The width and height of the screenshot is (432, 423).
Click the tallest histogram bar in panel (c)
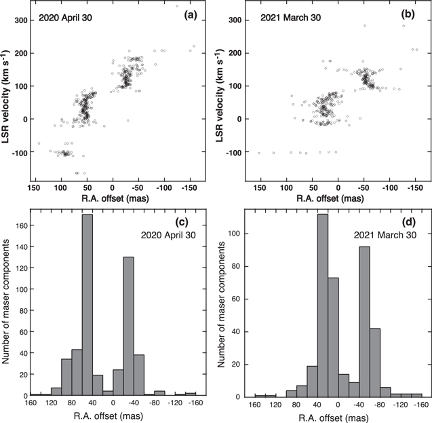pos(87,305)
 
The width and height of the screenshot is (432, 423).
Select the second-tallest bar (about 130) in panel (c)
pos(129,326)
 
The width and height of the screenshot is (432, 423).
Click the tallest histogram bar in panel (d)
pos(323,306)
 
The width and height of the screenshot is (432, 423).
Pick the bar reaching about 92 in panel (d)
pos(364,322)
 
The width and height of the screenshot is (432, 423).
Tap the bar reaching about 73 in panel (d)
pos(333,337)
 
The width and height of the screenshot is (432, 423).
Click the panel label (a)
pos(191,16)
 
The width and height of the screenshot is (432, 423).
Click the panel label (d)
pos(409,221)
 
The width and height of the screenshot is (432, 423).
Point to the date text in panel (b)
pos(291,18)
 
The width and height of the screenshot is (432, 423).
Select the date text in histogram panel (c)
pos(168,235)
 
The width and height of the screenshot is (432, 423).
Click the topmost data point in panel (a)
pos(177,6)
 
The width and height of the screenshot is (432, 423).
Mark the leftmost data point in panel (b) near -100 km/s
pos(259,153)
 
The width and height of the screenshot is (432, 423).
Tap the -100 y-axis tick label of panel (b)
pos(233,152)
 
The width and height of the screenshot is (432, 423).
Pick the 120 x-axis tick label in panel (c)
pos(52,403)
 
